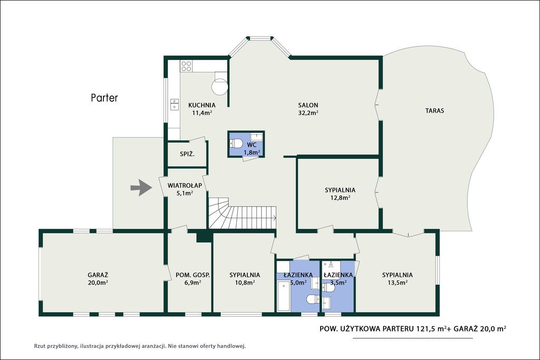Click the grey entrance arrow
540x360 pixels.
141,188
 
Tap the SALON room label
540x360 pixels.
308,105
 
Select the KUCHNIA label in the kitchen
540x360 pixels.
202,105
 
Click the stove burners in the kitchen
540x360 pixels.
186,66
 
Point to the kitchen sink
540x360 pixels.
175,104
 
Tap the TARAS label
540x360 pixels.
435,111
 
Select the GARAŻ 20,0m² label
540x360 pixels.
98,279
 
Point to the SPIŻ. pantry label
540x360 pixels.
187,154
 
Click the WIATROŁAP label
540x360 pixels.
185,186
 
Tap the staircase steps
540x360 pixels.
242,213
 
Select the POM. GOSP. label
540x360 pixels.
193,275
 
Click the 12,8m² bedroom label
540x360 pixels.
340,194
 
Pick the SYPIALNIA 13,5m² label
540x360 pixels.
398,279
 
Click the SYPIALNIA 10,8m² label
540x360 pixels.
245,279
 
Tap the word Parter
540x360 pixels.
104,98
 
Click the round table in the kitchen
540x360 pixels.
220,86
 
